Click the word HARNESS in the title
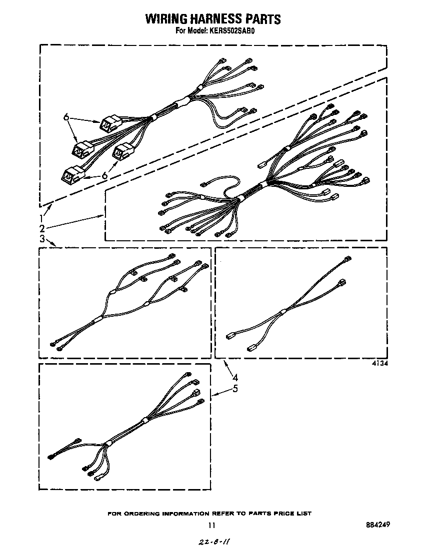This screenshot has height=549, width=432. pyautogui.click(x=219, y=19)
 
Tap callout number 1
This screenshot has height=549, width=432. pyautogui.click(x=42, y=218)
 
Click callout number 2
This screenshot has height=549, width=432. pyautogui.click(x=42, y=228)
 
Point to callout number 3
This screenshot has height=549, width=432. pyautogui.click(x=42, y=239)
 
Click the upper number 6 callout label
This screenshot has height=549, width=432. pyautogui.click(x=65, y=117)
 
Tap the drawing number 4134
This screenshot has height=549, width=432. pyautogui.click(x=379, y=364)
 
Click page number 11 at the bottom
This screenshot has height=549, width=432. pyautogui.click(x=212, y=525)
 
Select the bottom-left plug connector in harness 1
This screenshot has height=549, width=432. pyautogui.click(x=69, y=174)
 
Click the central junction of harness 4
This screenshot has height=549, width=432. pyautogui.click(x=283, y=312)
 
